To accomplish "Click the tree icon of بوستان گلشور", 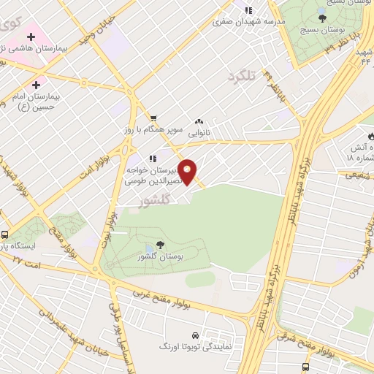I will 159,245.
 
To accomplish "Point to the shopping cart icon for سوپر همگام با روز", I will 153,118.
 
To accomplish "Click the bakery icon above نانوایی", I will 198,122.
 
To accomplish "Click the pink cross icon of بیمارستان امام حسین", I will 36,85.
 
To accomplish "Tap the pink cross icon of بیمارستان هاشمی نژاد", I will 32,35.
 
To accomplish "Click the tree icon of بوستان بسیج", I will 322,17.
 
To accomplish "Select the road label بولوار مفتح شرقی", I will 345,350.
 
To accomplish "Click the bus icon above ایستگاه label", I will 5,235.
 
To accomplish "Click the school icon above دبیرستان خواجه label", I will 153,157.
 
